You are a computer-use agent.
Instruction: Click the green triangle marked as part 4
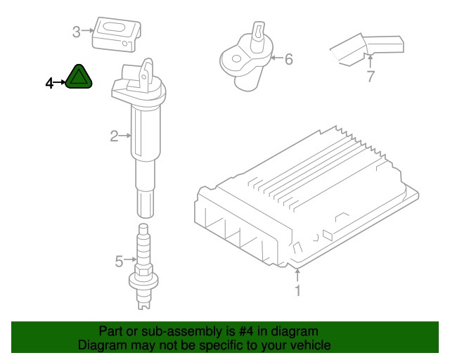tap(78, 77)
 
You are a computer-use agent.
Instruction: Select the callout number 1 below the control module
tap(298, 290)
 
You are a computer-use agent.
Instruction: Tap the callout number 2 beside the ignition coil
tap(114, 136)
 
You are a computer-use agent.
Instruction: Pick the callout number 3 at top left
tap(77, 32)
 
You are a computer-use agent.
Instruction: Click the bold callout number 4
tap(50, 84)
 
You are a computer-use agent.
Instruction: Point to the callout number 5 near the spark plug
tap(119, 262)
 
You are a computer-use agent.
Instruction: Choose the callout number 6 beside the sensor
tap(289, 59)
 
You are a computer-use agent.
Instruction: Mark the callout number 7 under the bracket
tap(371, 76)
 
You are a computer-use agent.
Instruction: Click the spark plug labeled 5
tap(143, 266)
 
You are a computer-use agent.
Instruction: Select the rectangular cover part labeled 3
tap(116, 34)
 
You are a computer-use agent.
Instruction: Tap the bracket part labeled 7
tap(367, 49)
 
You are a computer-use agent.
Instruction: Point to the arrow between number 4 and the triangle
tap(60, 82)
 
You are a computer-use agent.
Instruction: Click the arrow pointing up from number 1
tap(297, 275)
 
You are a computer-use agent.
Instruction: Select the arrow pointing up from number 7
tap(371, 61)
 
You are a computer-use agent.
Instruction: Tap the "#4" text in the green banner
tap(246, 331)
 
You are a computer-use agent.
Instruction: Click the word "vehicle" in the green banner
tap(312, 345)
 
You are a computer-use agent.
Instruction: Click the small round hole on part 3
tap(125, 44)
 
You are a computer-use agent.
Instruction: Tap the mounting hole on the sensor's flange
tap(236, 59)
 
